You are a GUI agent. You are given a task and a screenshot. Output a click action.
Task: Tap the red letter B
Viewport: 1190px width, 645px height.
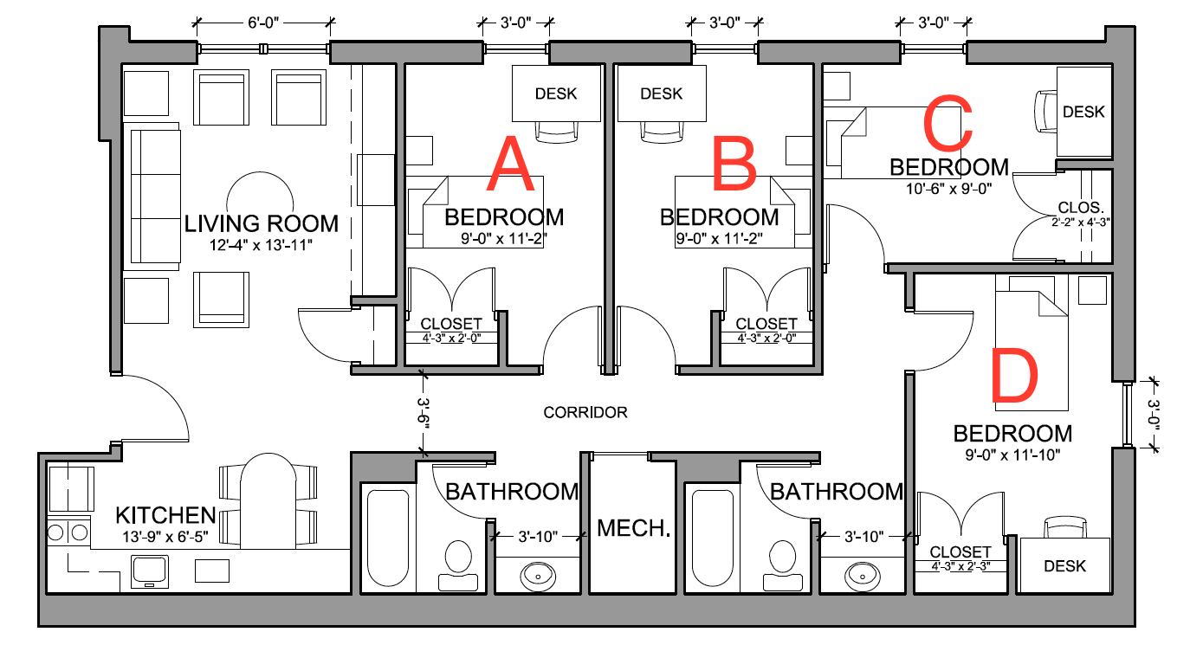point(734,166)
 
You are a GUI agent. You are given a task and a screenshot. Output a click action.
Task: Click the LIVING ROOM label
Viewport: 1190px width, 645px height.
point(261,224)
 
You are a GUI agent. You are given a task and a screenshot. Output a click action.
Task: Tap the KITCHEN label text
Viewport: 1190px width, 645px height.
point(165,516)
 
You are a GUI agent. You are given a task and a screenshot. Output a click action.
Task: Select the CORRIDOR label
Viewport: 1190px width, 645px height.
point(585,413)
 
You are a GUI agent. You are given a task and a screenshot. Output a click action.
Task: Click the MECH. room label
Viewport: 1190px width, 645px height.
point(635,528)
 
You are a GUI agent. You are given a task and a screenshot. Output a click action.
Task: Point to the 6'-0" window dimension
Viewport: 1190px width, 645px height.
point(263,24)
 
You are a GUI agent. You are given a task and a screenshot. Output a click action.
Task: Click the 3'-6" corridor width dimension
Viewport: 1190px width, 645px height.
point(424,412)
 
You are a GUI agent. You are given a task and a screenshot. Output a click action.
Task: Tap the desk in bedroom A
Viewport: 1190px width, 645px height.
point(556,94)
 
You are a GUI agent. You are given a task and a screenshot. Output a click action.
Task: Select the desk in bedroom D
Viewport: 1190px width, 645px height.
point(1064,565)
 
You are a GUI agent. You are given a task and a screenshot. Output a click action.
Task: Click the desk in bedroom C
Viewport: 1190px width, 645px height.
point(1083,112)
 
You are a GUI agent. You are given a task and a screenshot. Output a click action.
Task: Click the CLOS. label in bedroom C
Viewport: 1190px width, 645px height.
point(1082,208)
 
